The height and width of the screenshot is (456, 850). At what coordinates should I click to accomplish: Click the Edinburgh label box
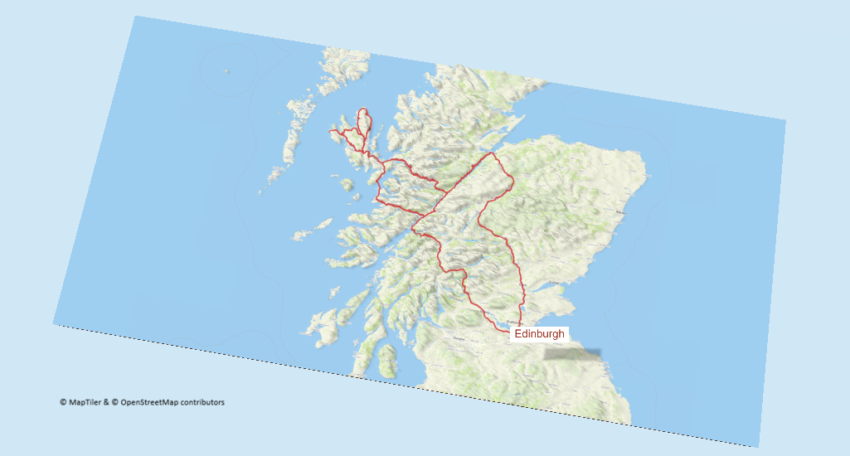click(539, 334)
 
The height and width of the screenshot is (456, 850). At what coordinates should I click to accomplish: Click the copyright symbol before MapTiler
click(63, 403)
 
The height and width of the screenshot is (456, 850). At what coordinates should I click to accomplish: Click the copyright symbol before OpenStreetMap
click(115, 403)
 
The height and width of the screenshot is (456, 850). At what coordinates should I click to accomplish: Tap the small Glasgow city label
click(457, 338)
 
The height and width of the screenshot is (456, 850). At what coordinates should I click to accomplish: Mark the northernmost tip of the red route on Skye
click(362, 109)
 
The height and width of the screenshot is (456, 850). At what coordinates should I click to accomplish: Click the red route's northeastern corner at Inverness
click(492, 153)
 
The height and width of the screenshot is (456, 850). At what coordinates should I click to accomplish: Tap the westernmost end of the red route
click(330, 130)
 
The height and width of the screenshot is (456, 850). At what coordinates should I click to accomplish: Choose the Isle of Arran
click(386, 361)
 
